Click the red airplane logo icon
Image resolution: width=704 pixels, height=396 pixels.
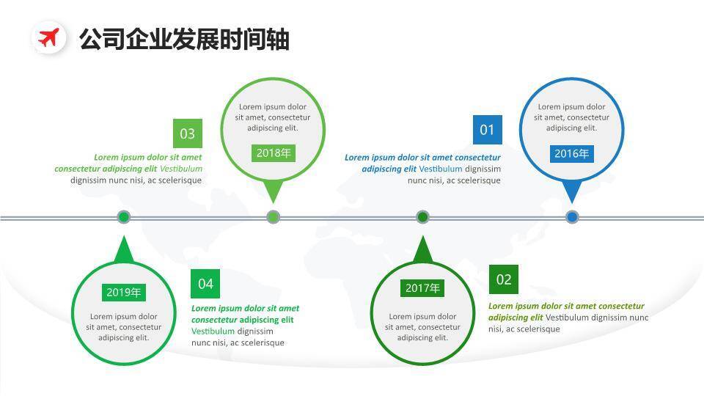(x=48, y=37)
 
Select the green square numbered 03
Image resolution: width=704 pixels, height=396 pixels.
(x=188, y=133)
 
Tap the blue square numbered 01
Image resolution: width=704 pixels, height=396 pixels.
(x=487, y=130)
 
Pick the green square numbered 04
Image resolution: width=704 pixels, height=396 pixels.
(x=205, y=284)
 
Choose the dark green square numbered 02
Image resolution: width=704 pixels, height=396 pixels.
(x=504, y=279)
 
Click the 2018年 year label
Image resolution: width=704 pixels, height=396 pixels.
(x=274, y=153)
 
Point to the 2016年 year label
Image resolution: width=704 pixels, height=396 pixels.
(x=571, y=153)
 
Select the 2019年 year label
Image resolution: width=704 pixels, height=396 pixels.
(x=123, y=293)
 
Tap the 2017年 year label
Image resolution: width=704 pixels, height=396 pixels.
(x=422, y=288)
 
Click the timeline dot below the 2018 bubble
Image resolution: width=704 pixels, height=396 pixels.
(x=274, y=217)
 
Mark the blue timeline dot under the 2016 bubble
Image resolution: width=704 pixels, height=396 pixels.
(x=572, y=217)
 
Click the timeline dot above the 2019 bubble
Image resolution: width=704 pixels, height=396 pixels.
(x=124, y=217)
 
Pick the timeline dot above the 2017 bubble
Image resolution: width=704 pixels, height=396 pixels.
(x=422, y=217)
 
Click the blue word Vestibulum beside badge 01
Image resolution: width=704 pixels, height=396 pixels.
(x=441, y=169)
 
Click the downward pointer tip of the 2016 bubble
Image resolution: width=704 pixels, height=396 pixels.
(x=572, y=199)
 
